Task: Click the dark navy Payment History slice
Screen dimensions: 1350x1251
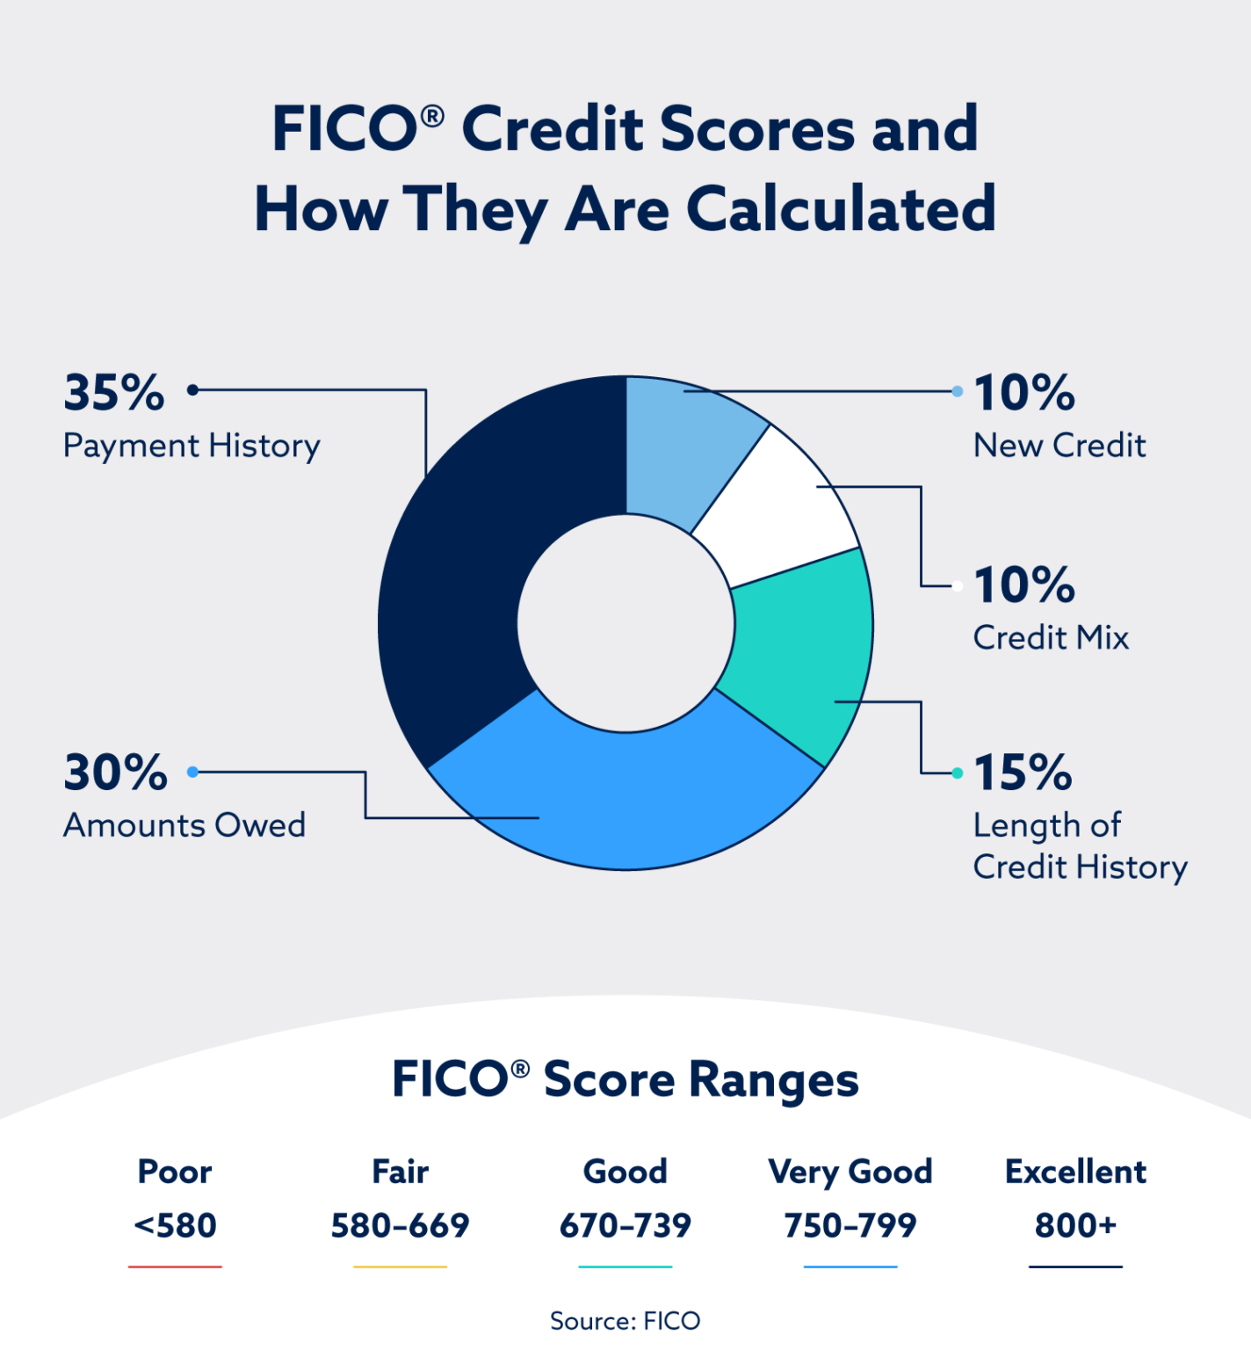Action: [x=457, y=571]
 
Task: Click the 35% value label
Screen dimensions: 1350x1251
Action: [x=114, y=393]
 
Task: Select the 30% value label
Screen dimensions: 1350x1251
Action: [x=115, y=773]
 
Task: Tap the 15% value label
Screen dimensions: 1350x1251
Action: [x=1023, y=773]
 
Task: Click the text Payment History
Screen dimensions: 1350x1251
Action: [x=192, y=446]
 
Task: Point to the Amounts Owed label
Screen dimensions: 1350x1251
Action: [x=184, y=825]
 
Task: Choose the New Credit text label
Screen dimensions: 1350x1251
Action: [x=1059, y=446]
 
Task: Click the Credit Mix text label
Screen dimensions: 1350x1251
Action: [x=1051, y=637]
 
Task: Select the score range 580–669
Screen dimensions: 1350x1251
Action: [x=400, y=1225]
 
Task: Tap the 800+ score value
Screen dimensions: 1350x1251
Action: [x=1075, y=1225]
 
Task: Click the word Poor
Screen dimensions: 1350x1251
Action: [x=175, y=1172]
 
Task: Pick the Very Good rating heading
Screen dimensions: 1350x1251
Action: [x=850, y=1172]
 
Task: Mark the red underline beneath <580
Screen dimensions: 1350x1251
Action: [x=175, y=1267]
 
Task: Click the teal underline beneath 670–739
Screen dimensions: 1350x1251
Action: [x=625, y=1267]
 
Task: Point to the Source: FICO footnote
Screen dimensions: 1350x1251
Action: [x=625, y=1321]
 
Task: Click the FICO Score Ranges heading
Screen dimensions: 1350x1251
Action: [x=625, y=1079]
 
